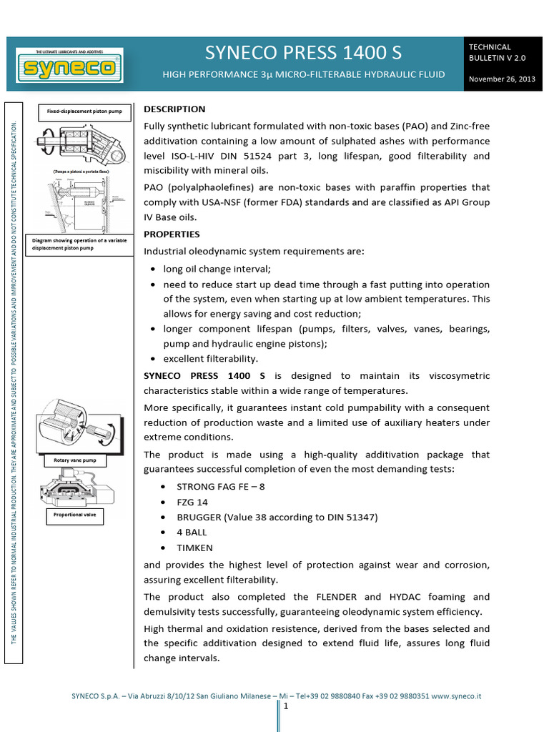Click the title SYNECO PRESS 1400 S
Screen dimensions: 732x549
[x=304, y=53]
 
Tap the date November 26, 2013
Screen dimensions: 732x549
[x=501, y=79]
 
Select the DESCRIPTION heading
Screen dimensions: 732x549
[x=174, y=109]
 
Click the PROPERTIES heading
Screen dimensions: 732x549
[x=172, y=234]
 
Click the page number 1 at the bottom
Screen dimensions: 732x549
[x=285, y=707]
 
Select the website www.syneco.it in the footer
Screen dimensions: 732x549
[x=456, y=695]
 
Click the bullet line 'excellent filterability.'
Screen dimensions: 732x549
[x=210, y=359]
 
